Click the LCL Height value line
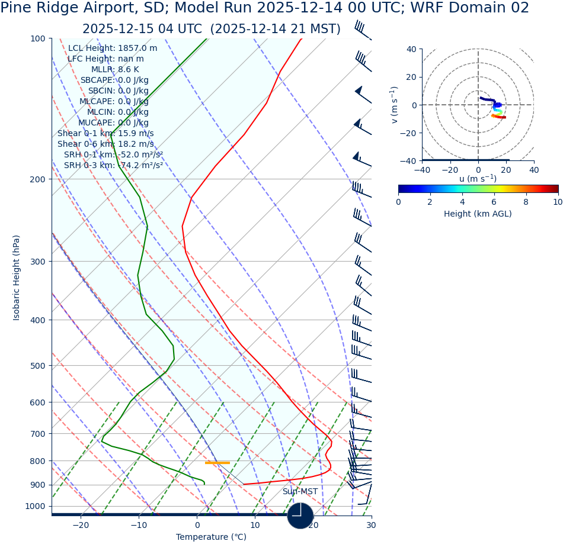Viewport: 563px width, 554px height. (113, 49)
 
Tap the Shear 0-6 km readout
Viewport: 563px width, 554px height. (105, 144)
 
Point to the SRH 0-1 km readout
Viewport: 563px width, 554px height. (113, 155)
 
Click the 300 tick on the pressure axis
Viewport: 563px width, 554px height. (38, 262)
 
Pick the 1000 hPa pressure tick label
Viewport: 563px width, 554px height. (36, 507)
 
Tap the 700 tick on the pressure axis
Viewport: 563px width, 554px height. (38, 434)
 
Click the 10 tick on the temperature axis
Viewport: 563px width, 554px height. (255, 526)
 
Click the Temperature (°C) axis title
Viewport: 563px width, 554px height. (211, 537)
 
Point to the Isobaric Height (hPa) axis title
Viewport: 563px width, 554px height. (17, 278)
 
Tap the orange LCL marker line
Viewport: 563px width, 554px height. (217, 463)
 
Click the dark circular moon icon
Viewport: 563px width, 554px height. (300, 516)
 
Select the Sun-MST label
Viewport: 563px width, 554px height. (300, 492)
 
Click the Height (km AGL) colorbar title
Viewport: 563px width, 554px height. (478, 214)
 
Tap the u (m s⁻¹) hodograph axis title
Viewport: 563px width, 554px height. (478, 179)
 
